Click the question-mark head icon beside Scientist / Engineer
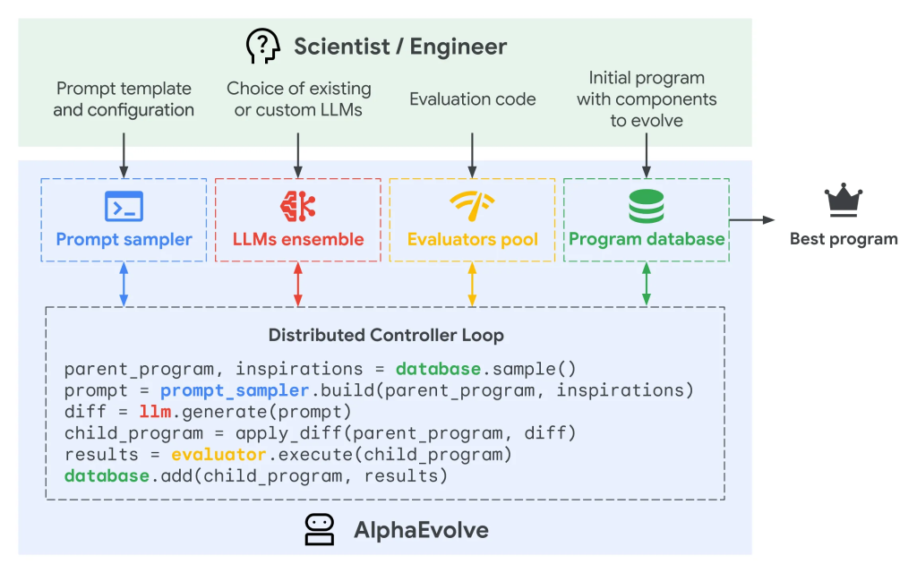[x=262, y=46]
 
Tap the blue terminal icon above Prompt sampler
[x=124, y=206]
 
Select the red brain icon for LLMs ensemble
[x=298, y=206]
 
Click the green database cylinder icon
[x=646, y=206]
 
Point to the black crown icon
[x=844, y=201]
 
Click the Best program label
[x=844, y=239]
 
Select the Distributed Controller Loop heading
[x=386, y=336]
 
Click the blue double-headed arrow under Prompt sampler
[x=124, y=285]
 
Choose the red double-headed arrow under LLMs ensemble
[x=298, y=285]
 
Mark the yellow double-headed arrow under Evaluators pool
[x=472, y=285]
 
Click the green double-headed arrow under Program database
[x=646, y=285]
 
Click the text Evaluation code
[x=472, y=99]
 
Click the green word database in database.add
[x=107, y=476]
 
